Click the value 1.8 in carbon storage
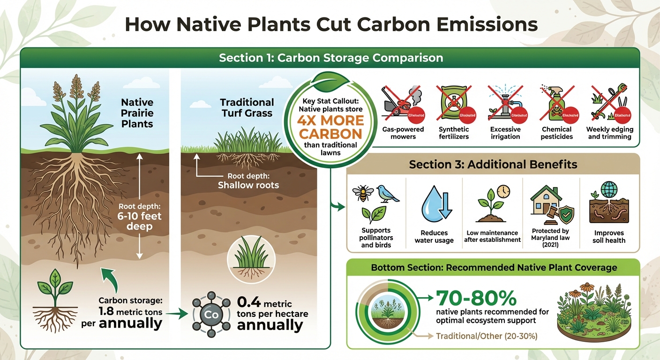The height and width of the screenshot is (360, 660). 110,312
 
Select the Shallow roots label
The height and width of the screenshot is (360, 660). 248,185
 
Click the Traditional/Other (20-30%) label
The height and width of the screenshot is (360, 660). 486,336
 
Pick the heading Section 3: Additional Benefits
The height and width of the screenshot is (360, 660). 493,165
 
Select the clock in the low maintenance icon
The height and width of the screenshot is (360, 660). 503,191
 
